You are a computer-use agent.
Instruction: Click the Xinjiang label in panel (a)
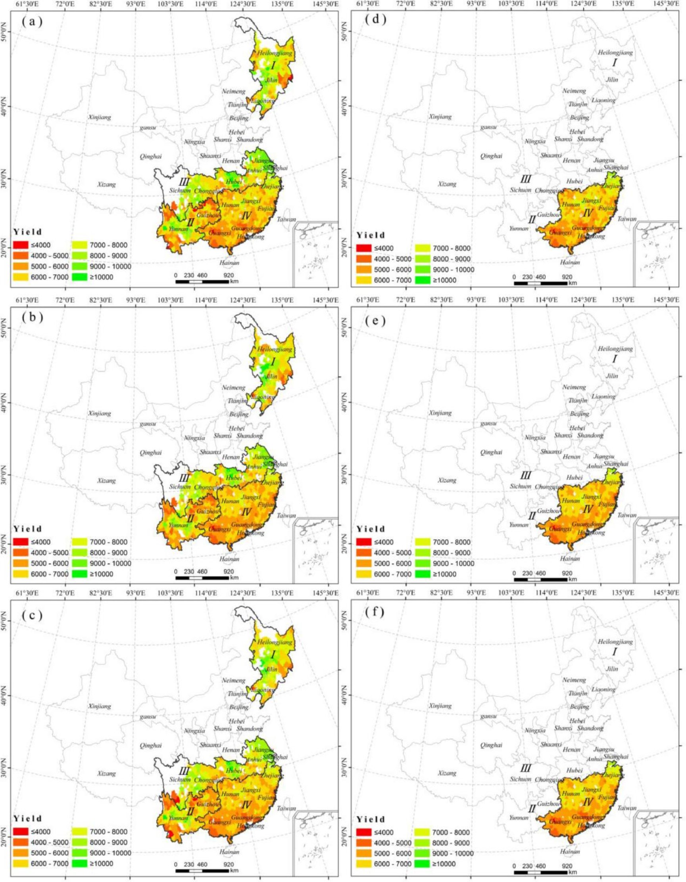tap(100, 117)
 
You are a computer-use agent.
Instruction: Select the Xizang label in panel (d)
tap(447, 184)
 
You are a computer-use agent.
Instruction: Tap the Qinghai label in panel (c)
tap(150, 746)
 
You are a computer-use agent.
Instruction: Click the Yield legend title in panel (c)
tap(27, 818)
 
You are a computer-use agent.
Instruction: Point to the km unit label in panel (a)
tap(233, 281)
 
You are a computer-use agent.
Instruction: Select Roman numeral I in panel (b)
tap(273, 362)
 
